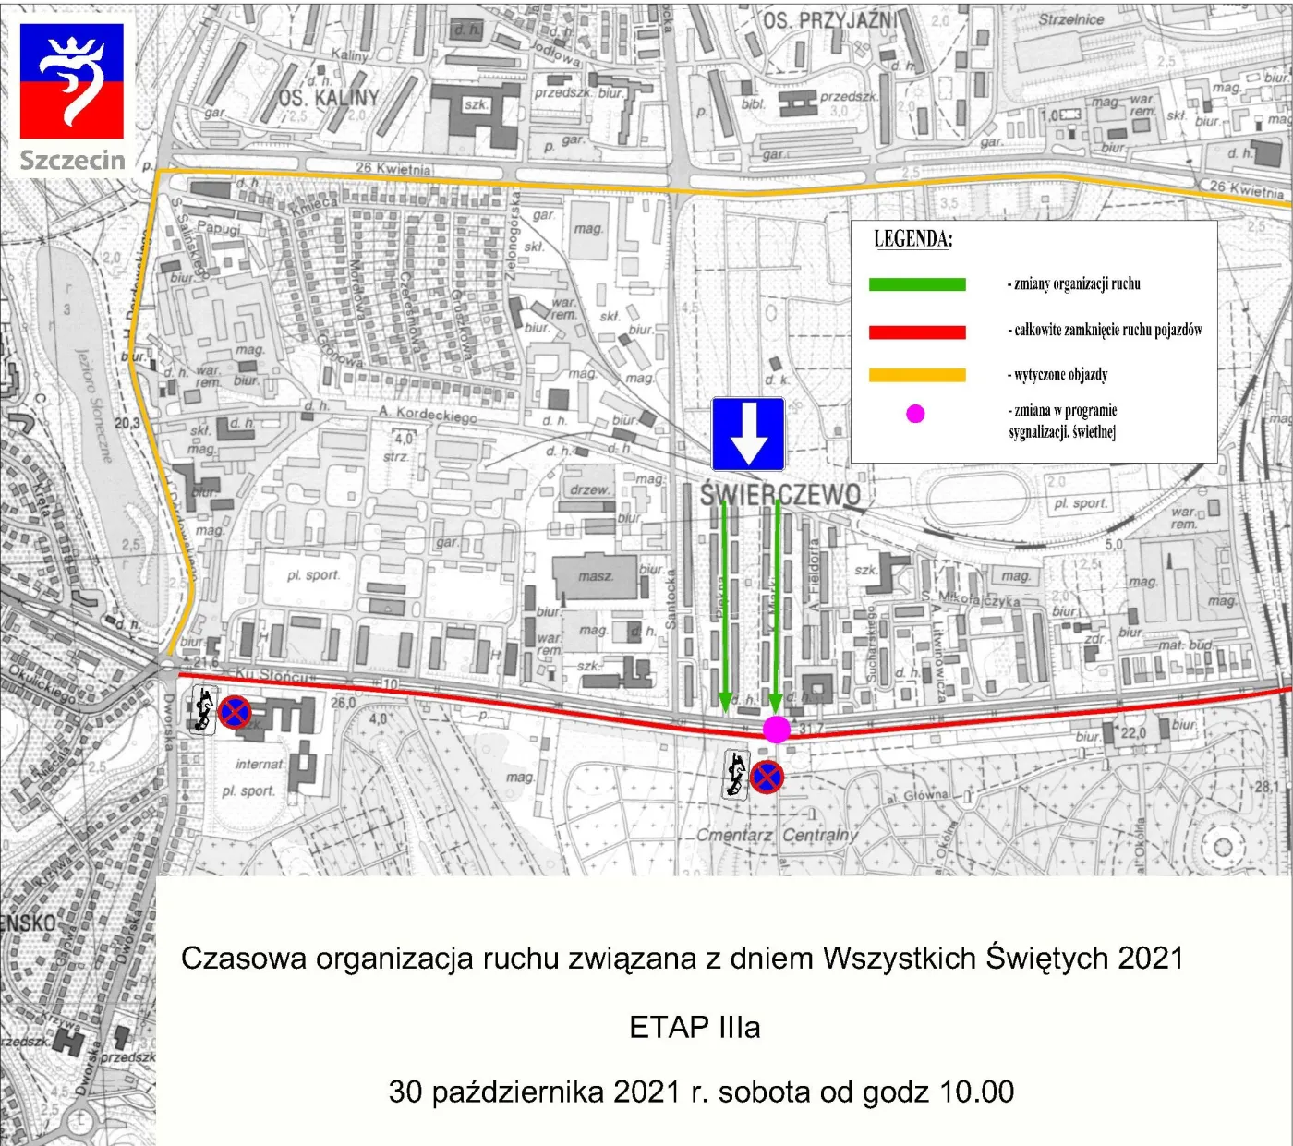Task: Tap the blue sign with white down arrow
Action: point(748,434)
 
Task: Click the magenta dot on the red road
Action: point(776,730)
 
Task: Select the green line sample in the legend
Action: point(917,284)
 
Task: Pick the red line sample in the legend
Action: point(917,331)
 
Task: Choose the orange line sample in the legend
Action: point(917,375)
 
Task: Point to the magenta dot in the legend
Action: point(915,414)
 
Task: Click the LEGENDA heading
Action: point(912,239)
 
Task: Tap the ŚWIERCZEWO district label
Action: point(780,495)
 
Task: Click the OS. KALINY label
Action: point(329,97)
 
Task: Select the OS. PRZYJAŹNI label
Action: point(828,20)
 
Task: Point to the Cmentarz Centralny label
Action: point(778,835)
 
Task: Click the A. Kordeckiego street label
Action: point(428,415)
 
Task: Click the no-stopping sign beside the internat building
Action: point(235,712)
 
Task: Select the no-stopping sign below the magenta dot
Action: point(767,777)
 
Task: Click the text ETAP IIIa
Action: point(695,1027)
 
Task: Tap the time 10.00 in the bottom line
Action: point(976,1092)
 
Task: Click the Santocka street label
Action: point(671,599)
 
